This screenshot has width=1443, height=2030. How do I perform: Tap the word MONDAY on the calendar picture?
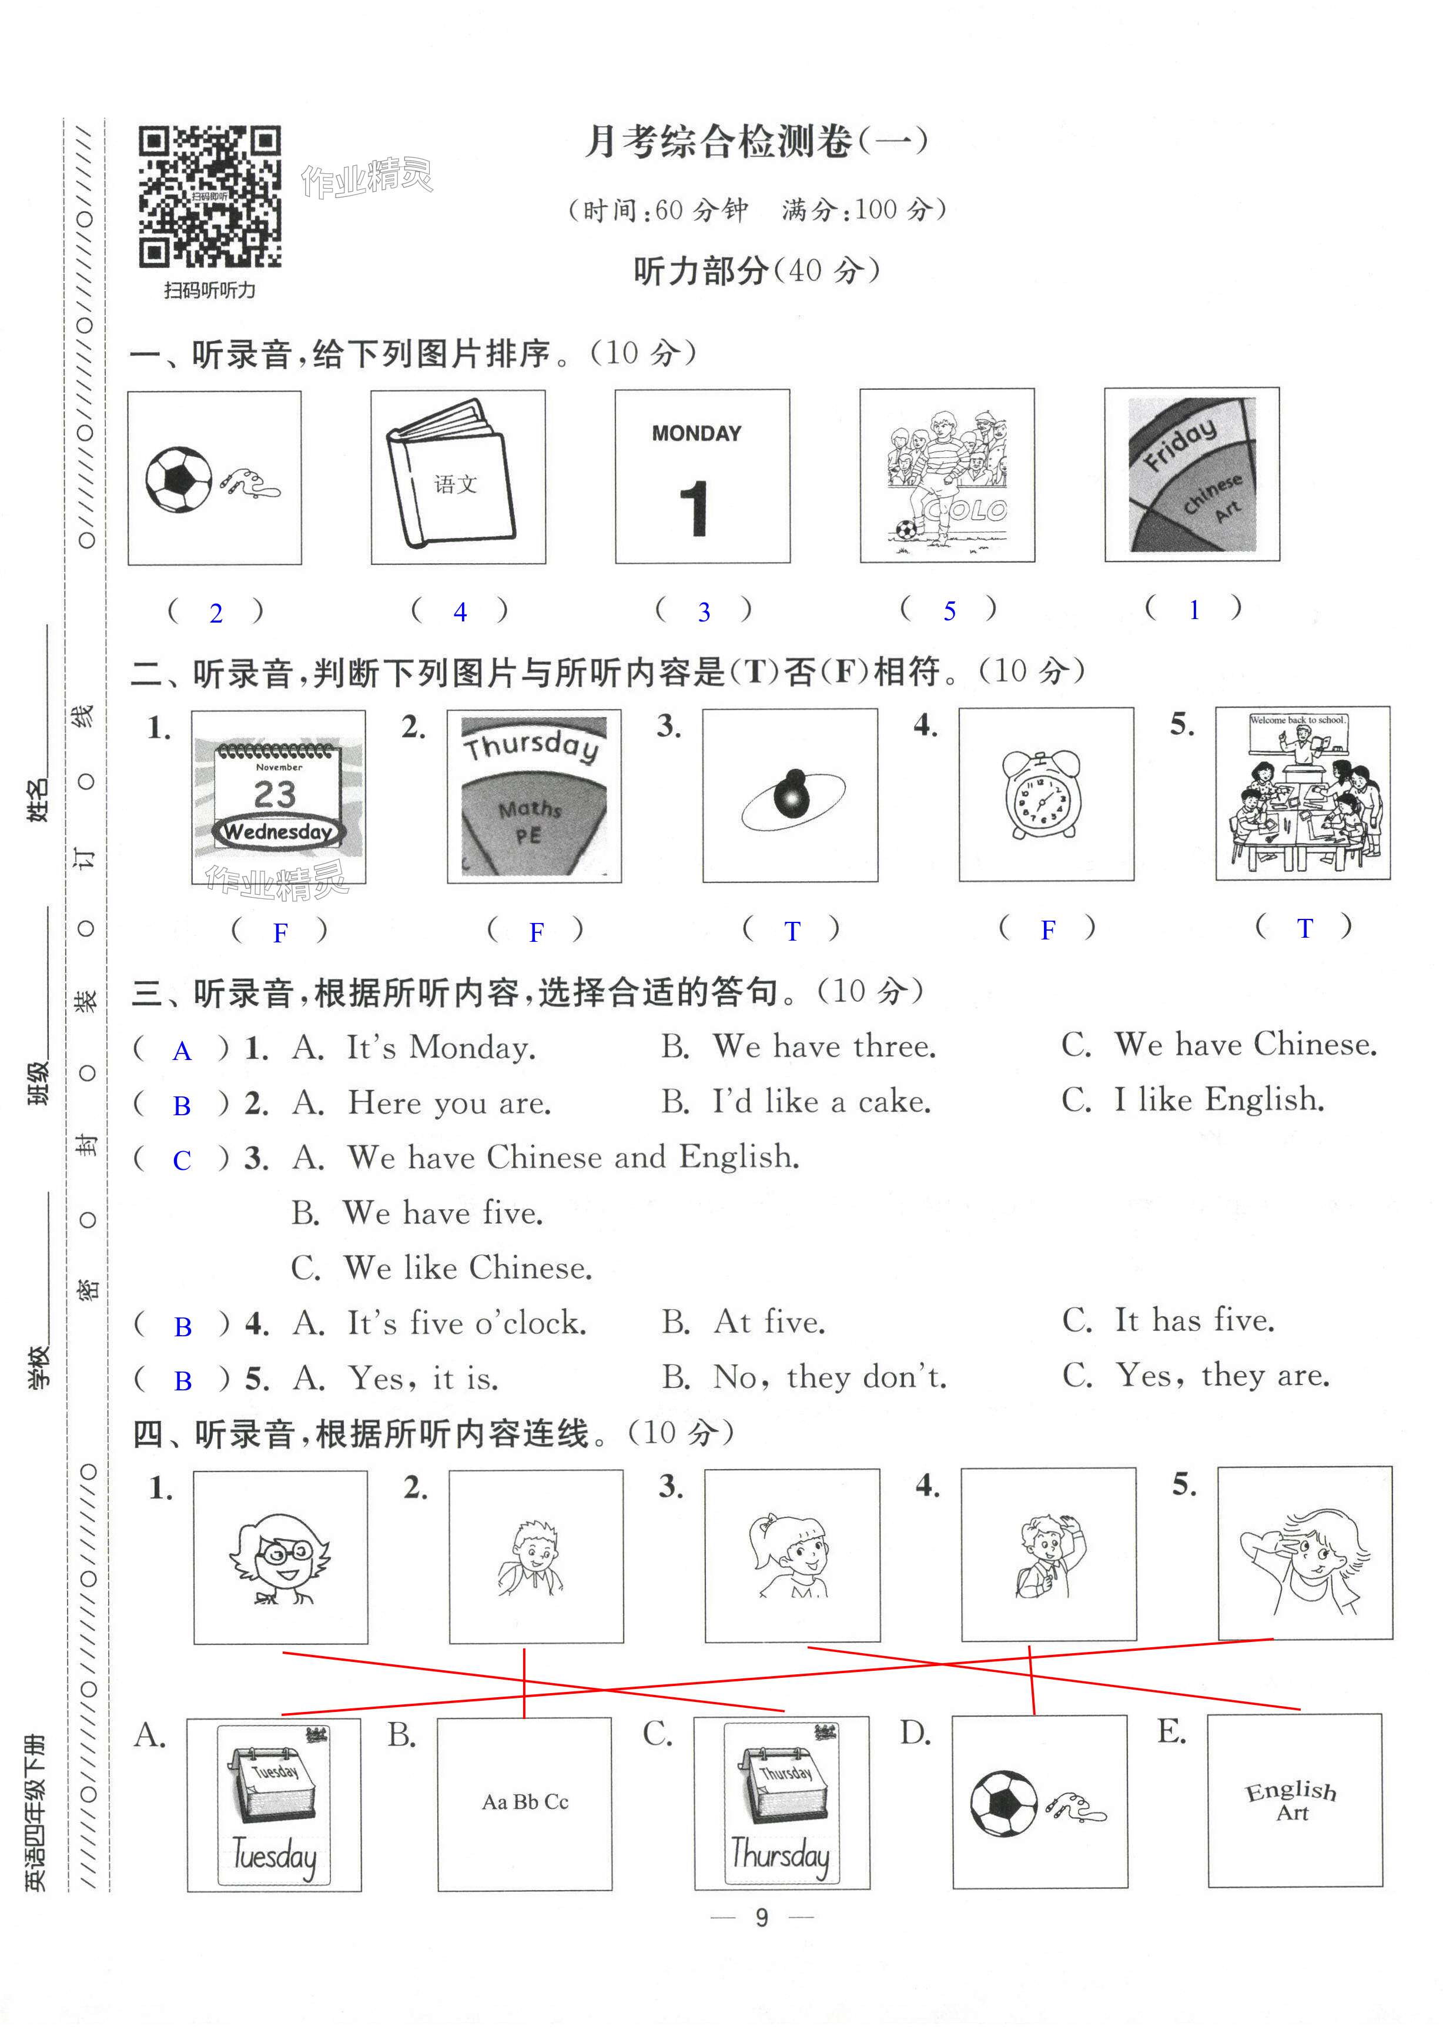pos(696,434)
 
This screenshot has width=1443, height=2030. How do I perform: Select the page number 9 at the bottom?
pos(762,1917)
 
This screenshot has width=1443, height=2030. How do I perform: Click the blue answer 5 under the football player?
pos(949,611)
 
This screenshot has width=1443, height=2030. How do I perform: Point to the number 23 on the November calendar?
pos(274,794)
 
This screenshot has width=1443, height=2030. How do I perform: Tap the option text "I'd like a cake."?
pos(821,1102)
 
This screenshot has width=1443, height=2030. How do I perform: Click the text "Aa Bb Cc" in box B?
pos(524,1801)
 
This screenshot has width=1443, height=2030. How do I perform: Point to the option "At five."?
pos(769,1323)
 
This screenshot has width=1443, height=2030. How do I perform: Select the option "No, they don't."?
pos(830,1377)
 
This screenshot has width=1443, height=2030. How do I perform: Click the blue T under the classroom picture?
pos(1304,929)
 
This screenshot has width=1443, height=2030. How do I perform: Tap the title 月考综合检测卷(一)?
pos(755,142)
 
